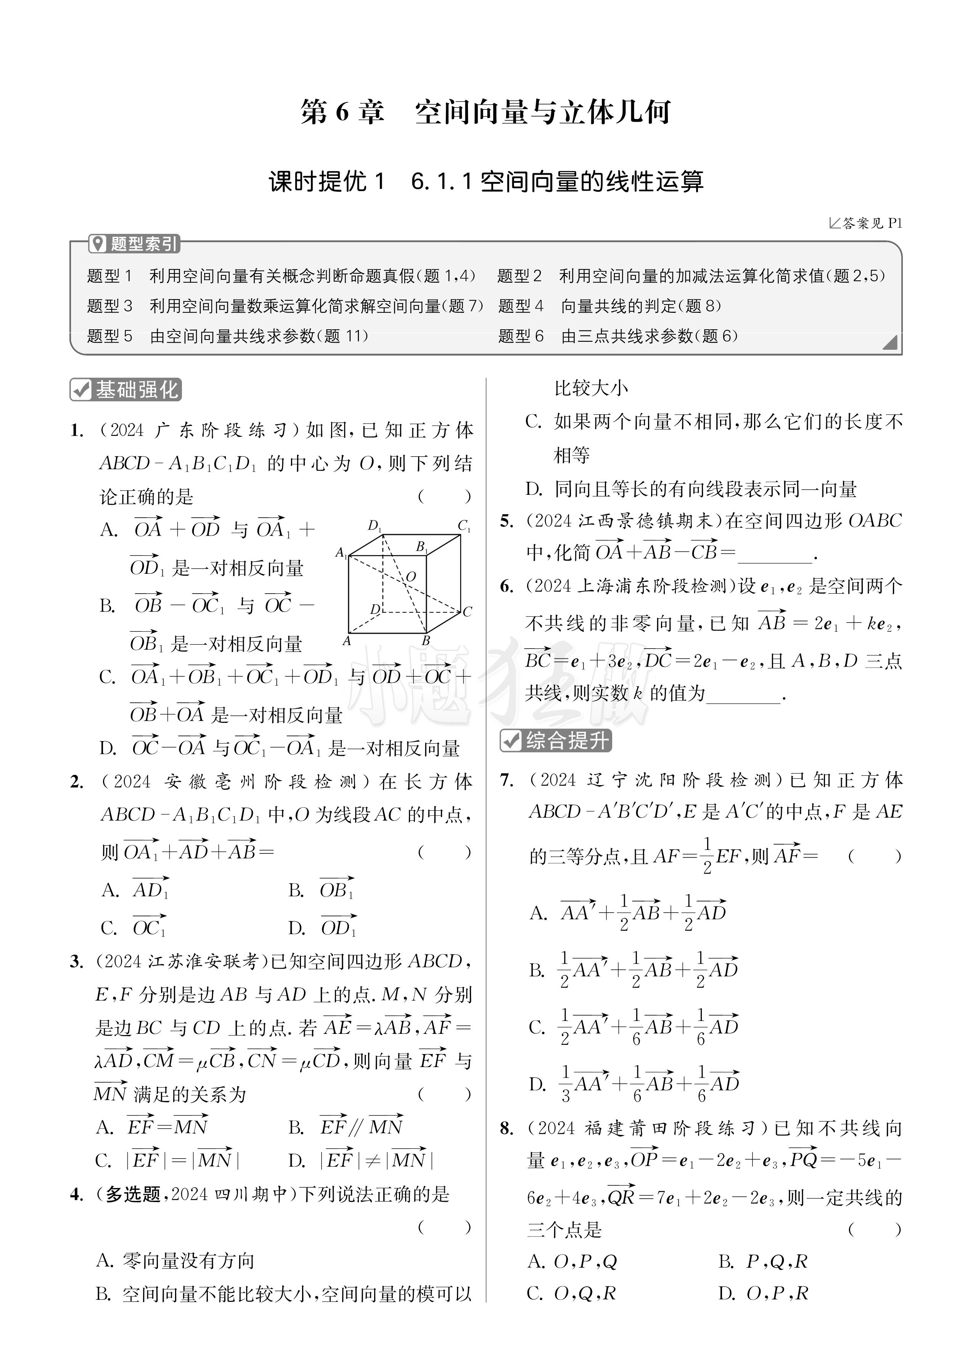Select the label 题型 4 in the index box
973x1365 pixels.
click(x=521, y=306)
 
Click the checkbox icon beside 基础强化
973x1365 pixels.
click(x=80, y=390)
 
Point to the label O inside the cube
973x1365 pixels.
click(x=411, y=576)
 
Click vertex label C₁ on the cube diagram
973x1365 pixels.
click(x=464, y=525)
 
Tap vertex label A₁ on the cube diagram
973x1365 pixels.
click(x=341, y=552)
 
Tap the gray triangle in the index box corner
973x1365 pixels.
click(x=890, y=342)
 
